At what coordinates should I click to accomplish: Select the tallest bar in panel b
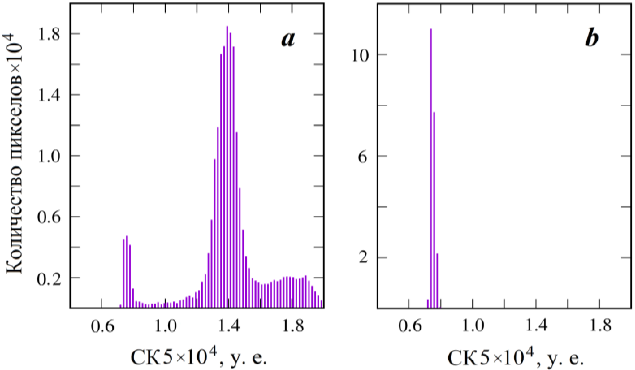coord(431,169)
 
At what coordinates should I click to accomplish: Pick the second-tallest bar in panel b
coord(434,209)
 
